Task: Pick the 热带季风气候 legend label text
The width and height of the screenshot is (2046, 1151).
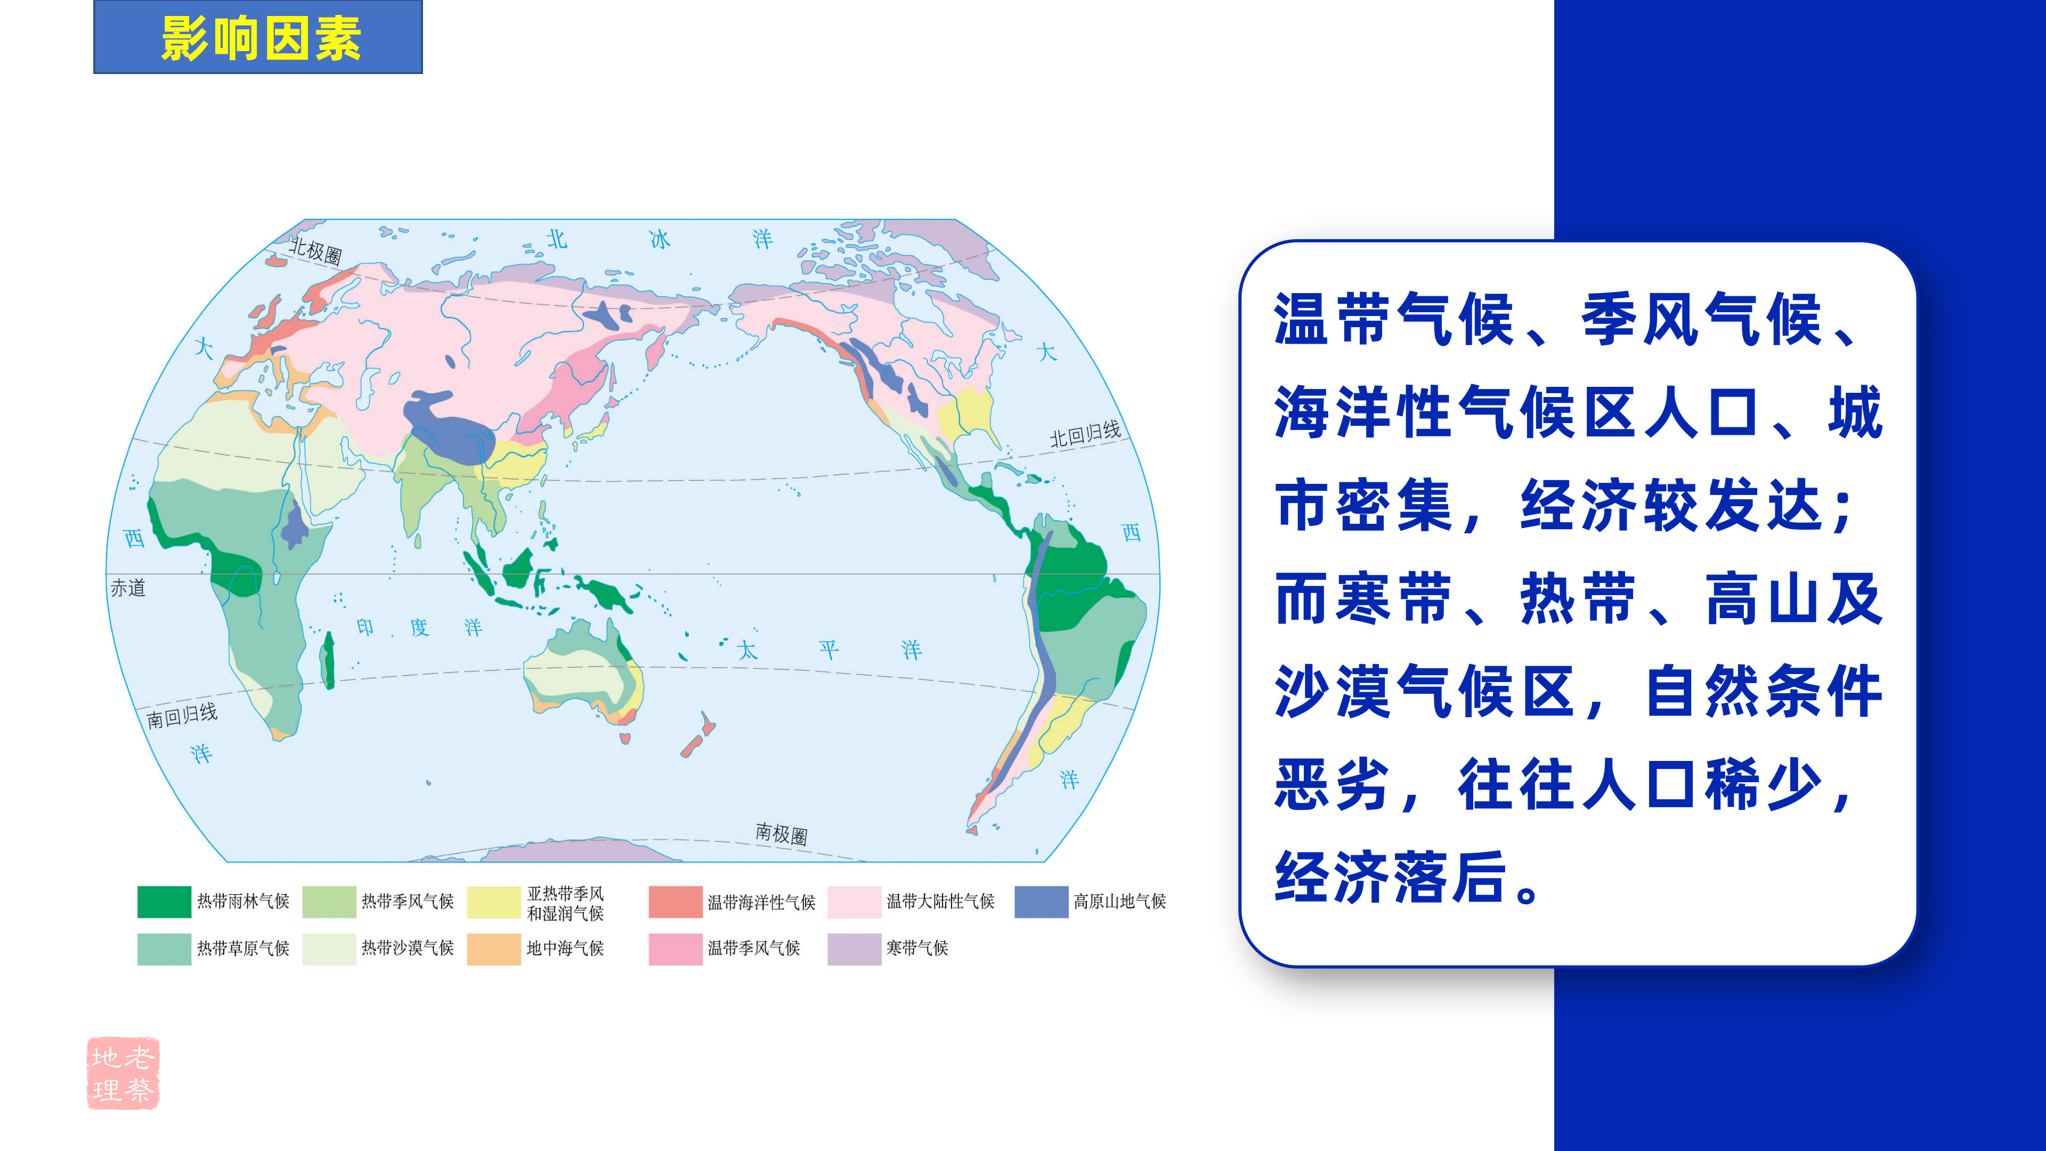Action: [x=408, y=902]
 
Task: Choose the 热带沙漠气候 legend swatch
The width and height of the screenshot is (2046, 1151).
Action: [x=329, y=949]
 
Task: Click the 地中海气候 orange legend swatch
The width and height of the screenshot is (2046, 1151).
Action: [x=494, y=949]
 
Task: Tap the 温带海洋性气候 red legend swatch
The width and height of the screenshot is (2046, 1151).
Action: [x=675, y=902]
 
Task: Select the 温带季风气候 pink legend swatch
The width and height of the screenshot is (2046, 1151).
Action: [x=675, y=949]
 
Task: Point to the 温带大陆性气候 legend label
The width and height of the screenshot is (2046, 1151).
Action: [x=940, y=902]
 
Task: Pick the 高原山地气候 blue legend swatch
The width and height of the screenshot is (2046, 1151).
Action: [x=1041, y=902]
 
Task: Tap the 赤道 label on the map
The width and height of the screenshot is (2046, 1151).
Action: [x=128, y=588]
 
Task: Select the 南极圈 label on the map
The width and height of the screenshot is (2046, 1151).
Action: [x=782, y=833]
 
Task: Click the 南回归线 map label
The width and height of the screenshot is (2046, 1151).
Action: [x=182, y=716]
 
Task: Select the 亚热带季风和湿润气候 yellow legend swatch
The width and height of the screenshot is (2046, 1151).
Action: [x=494, y=902]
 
